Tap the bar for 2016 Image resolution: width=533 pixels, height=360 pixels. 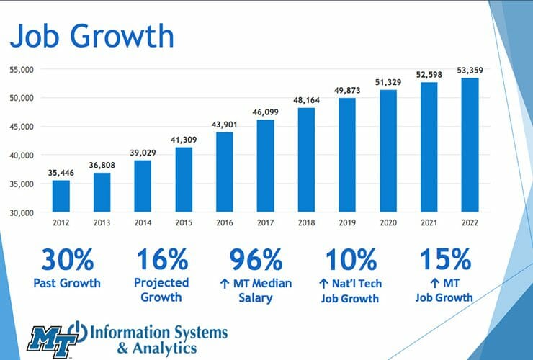(x=225, y=172)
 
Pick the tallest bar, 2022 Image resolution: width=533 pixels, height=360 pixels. (x=470, y=145)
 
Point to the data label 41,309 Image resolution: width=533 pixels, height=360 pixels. (x=184, y=138)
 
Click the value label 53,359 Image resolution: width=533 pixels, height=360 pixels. (x=470, y=70)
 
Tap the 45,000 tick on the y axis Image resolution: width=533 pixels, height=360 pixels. (x=24, y=127)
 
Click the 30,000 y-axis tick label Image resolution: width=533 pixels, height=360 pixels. (x=24, y=213)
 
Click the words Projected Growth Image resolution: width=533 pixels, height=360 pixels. (x=161, y=289)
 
